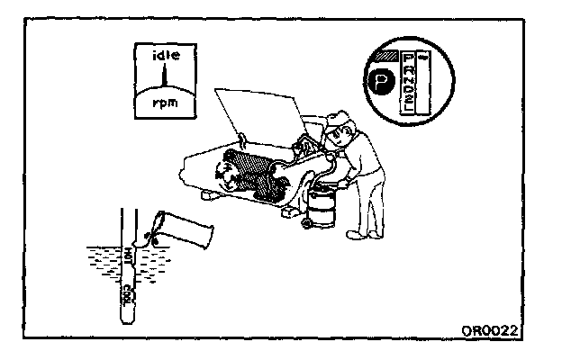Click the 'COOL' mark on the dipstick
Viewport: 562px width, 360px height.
pos(128,293)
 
